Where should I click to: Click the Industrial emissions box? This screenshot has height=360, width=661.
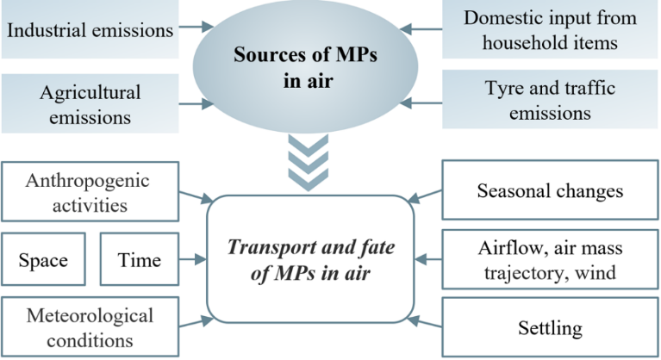pos(89,30)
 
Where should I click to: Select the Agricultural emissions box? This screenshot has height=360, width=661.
pos(89,102)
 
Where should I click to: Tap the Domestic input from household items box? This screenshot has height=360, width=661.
pos(549,30)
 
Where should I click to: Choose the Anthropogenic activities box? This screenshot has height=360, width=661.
pos(87,193)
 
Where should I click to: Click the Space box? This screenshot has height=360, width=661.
pos(43,259)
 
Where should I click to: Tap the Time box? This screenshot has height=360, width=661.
pos(139,259)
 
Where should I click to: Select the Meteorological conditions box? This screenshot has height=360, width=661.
pos(87,327)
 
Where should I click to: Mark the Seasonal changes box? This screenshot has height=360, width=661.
pos(550,190)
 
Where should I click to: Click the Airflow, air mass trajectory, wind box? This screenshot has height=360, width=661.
pos(550,258)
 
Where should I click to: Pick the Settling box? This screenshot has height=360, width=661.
pos(550,328)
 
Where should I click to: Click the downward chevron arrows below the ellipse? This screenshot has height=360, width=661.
pos(308,164)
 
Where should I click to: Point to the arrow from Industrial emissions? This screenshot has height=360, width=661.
pos(195,30)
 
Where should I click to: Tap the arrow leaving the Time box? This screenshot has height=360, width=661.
pos(194,258)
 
